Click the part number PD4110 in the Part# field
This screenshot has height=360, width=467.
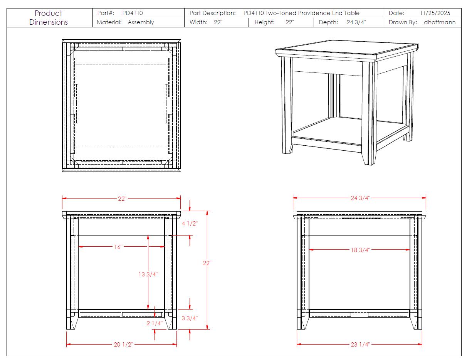[x=133, y=13]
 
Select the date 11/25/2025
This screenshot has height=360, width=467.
[x=435, y=13]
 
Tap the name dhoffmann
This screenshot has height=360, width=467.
[x=440, y=22]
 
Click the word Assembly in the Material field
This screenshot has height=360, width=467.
[x=141, y=22]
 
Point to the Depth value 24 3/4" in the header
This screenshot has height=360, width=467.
[x=356, y=22]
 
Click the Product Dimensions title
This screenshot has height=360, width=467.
[x=48, y=18]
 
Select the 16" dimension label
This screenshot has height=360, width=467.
[x=118, y=247]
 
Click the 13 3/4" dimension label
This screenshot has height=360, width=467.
[x=148, y=274]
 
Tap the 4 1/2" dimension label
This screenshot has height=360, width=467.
[x=190, y=224]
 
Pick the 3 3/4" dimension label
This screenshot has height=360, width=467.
[x=190, y=318]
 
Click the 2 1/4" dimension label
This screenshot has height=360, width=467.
[x=155, y=323]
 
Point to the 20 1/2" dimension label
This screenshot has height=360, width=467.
[x=123, y=344]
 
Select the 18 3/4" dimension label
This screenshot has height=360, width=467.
[x=360, y=250]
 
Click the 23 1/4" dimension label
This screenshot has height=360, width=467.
[x=360, y=344]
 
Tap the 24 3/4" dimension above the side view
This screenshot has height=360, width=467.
[x=360, y=198]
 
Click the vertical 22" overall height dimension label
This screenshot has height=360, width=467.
[x=207, y=263]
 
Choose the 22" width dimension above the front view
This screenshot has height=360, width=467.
[x=122, y=199]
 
